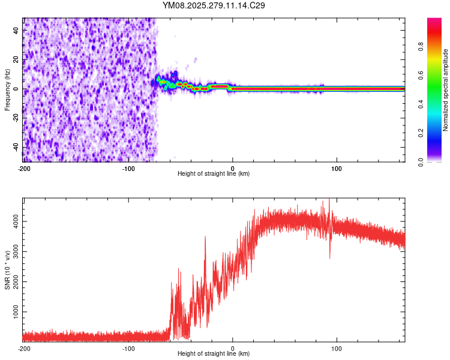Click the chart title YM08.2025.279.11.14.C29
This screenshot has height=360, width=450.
(x=214, y=5)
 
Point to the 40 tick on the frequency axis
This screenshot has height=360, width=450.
(x=16, y=30)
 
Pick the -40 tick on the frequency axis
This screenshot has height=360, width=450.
(x=16, y=148)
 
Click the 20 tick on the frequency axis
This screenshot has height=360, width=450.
(x=16, y=59)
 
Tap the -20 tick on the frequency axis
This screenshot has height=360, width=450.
(x=16, y=118)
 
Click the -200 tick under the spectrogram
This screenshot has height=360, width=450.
(x=24, y=168)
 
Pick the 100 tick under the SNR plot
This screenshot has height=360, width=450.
(x=337, y=348)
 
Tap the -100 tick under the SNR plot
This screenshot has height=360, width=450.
(x=128, y=348)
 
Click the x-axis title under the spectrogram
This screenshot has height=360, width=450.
(x=214, y=174)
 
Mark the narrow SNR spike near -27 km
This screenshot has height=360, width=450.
(x=205, y=238)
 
